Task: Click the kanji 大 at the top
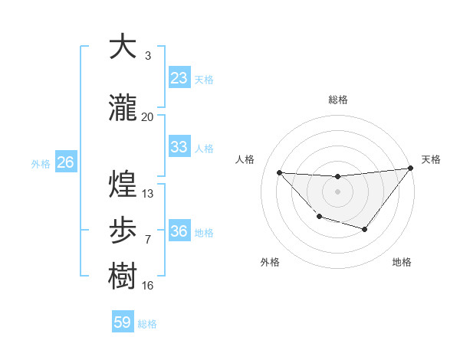(x=123, y=47)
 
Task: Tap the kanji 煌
(x=123, y=185)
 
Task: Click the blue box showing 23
(x=179, y=78)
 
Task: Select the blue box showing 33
(x=179, y=147)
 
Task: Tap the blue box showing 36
(x=179, y=231)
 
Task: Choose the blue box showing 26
(x=65, y=162)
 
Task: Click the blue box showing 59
(x=123, y=322)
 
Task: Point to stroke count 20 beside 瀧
(x=148, y=117)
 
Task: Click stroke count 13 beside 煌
(x=148, y=194)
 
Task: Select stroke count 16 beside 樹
(x=148, y=286)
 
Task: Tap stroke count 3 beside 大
(x=148, y=56)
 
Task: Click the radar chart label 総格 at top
(x=338, y=100)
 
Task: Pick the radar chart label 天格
(x=431, y=159)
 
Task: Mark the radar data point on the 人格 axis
(x=279, y=172)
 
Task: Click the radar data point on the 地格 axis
(x=365, y=229)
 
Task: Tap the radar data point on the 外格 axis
(x=319, y=217)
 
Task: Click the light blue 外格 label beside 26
(x=41, y=163)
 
